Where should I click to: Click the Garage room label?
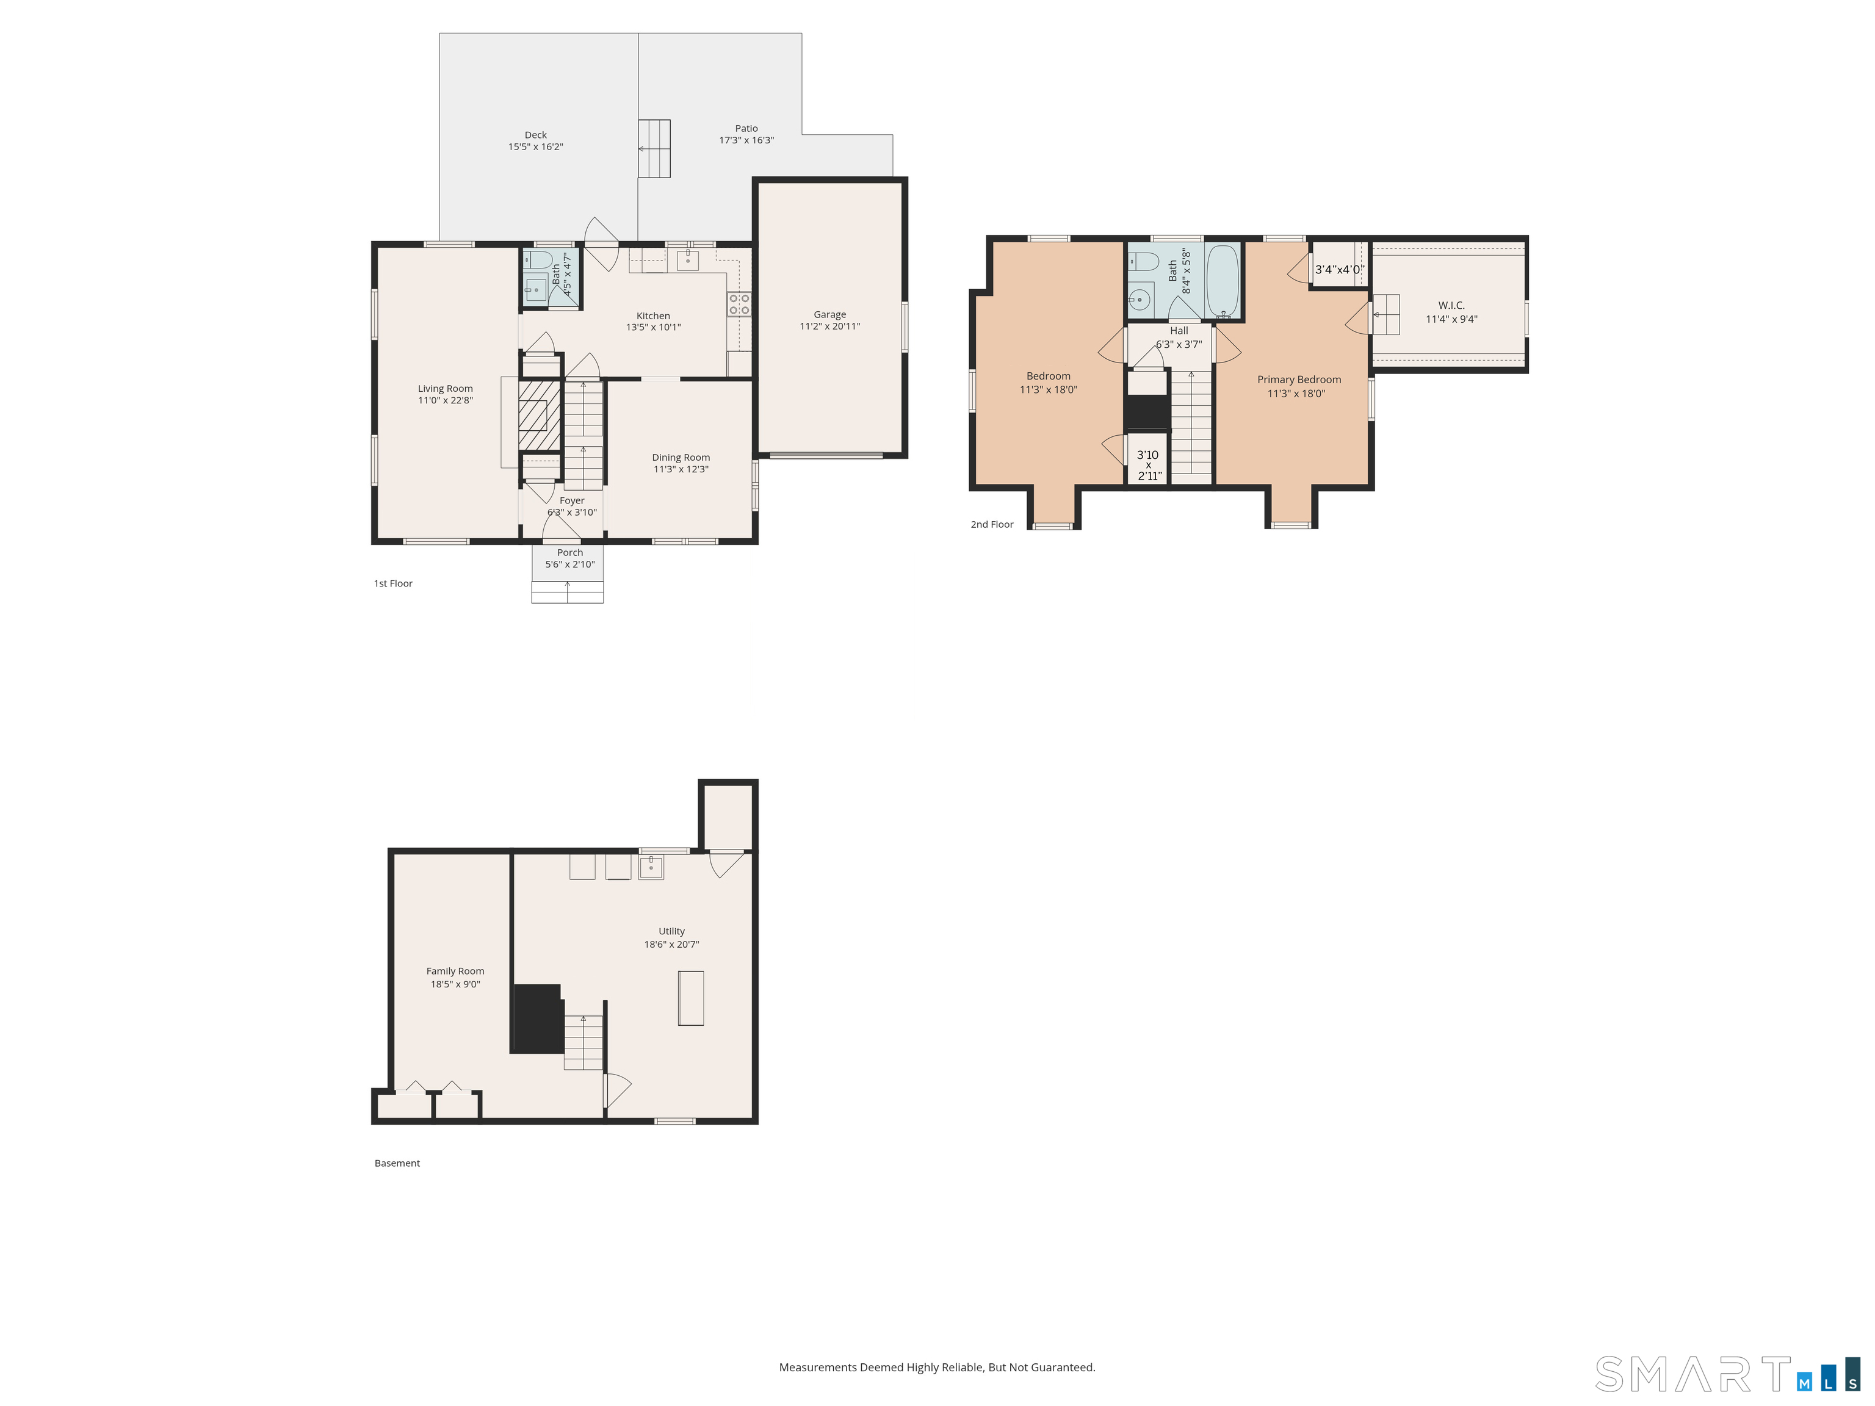[x=830, y=314]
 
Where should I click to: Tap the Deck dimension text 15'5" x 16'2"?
[x=536, y=146]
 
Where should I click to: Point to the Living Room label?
[x=445, y=389]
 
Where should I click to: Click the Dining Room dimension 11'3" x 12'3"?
[x=681, y=469]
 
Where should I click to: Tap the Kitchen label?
[x=654, y=316]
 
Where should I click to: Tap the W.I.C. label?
[x=1451, y=305]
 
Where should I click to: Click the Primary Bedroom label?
[x=1299, y=380]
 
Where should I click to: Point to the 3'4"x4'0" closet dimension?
[x=1339, y=270]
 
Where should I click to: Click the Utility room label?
[x=672, y=931]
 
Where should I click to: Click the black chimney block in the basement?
[x=537, y=1018]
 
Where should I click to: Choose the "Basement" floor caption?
[x=397, y=1163]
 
